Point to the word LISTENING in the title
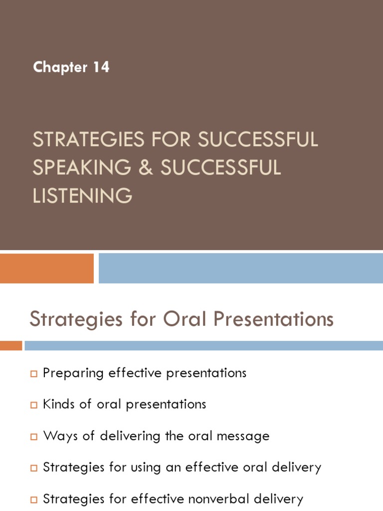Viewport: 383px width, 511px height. [x=82, y=196]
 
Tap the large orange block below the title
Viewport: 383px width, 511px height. [x=46, y=268]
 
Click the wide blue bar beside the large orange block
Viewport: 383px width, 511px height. [x=240, y=268]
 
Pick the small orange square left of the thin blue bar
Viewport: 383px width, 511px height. [x=10, y=345]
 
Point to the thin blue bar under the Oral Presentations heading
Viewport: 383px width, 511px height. [x=203, y=345]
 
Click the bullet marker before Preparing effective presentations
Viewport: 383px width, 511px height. [x=34, y=374]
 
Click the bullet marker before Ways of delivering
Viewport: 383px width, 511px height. [x=34, y=437]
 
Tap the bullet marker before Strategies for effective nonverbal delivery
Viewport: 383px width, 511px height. [x=34, y=500]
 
